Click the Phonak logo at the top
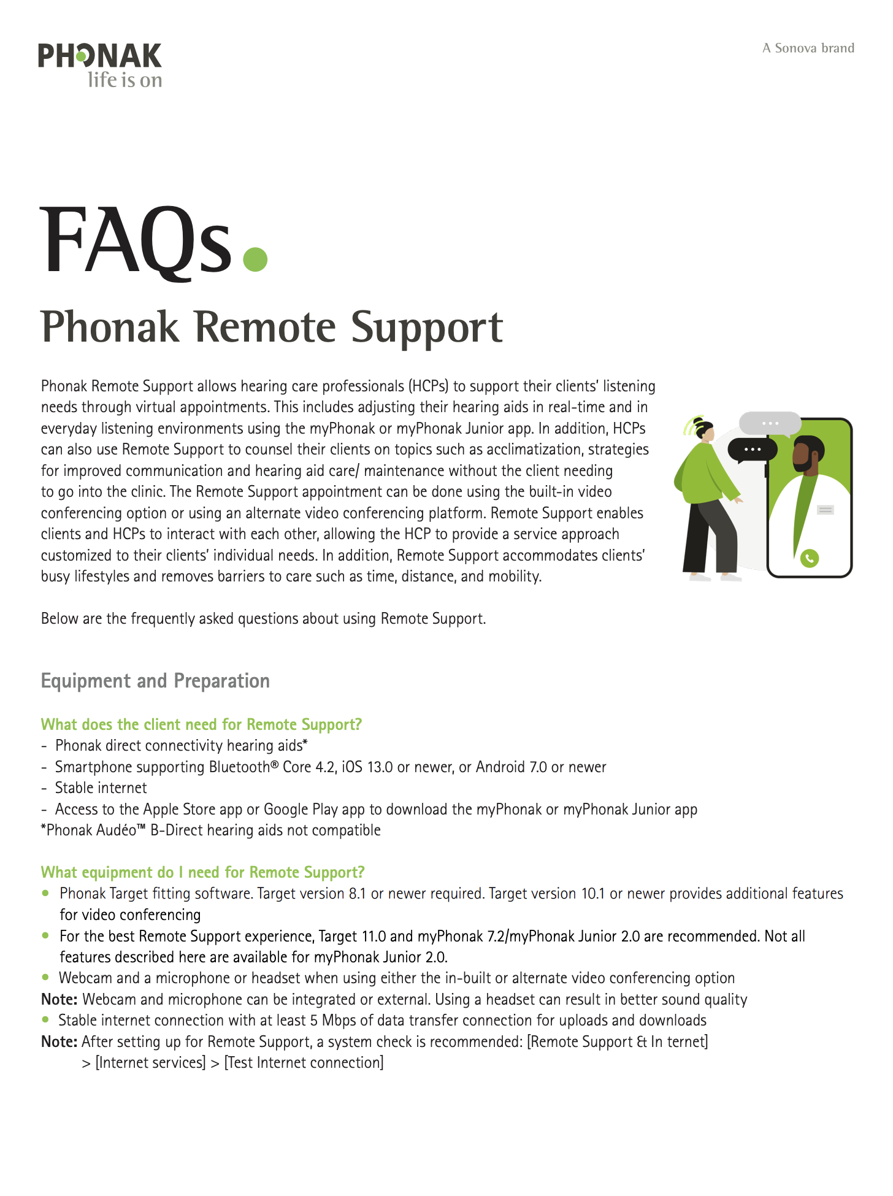point(99,56)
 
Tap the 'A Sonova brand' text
point(808,48)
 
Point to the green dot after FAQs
point(255,259)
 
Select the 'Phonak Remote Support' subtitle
point(272,327)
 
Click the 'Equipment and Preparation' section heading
point(155,681)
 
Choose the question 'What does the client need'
point(201,724)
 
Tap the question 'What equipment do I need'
point(202,872)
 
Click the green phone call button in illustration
point(810,558)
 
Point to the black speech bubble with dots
point(752,450)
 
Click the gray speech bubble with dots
point(770,423)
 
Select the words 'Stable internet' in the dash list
point(101,788)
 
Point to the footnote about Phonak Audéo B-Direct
point(210,830)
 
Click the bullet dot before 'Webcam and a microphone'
point(45,977)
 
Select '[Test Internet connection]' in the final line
point(304,1063)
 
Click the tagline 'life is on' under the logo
point(125,80)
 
